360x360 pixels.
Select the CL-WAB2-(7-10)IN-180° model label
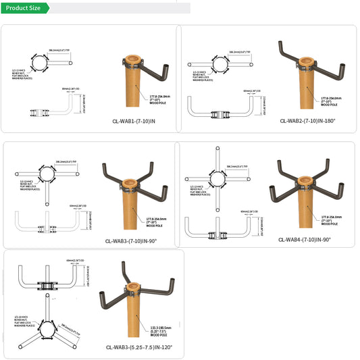[307, 122]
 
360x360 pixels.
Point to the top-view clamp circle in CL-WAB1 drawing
[38, 63]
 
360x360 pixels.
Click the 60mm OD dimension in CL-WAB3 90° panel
[76, 205]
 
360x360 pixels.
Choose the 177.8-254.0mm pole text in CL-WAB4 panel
[330, 218]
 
